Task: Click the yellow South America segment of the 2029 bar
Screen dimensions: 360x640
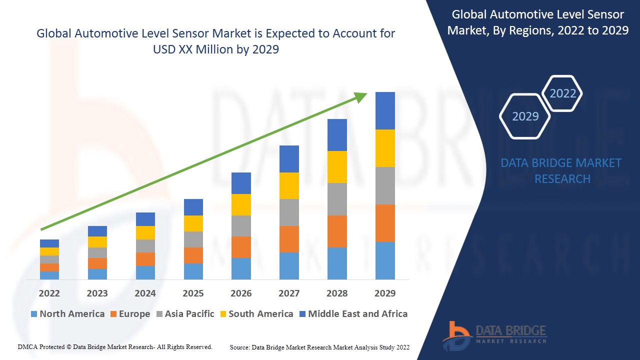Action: pos(385,148)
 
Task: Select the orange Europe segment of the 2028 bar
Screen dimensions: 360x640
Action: pos(337,231)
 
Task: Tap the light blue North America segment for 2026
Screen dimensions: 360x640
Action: pos(241,268)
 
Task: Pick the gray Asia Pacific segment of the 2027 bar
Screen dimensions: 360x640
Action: pos(289,212)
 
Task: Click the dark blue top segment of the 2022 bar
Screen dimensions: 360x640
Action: pos(49,243)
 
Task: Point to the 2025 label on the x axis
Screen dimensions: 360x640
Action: pos(193,293)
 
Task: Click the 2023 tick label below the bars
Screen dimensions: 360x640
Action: pos(97,293)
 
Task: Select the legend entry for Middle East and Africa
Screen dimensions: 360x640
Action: pos(357,314)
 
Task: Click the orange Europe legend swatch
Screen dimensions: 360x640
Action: pos(114,314)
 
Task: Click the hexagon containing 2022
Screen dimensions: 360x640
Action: pos(562,93)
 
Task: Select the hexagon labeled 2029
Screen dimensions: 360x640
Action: pos(525,116)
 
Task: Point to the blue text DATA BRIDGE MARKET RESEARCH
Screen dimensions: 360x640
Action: pos(562,170)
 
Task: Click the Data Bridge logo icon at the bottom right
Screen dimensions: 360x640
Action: pos(457,335)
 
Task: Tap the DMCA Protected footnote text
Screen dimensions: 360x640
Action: pos(115,346)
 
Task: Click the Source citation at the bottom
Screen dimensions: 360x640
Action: pos(320,347)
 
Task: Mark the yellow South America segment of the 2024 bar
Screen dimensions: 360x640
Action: pos(145,232)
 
